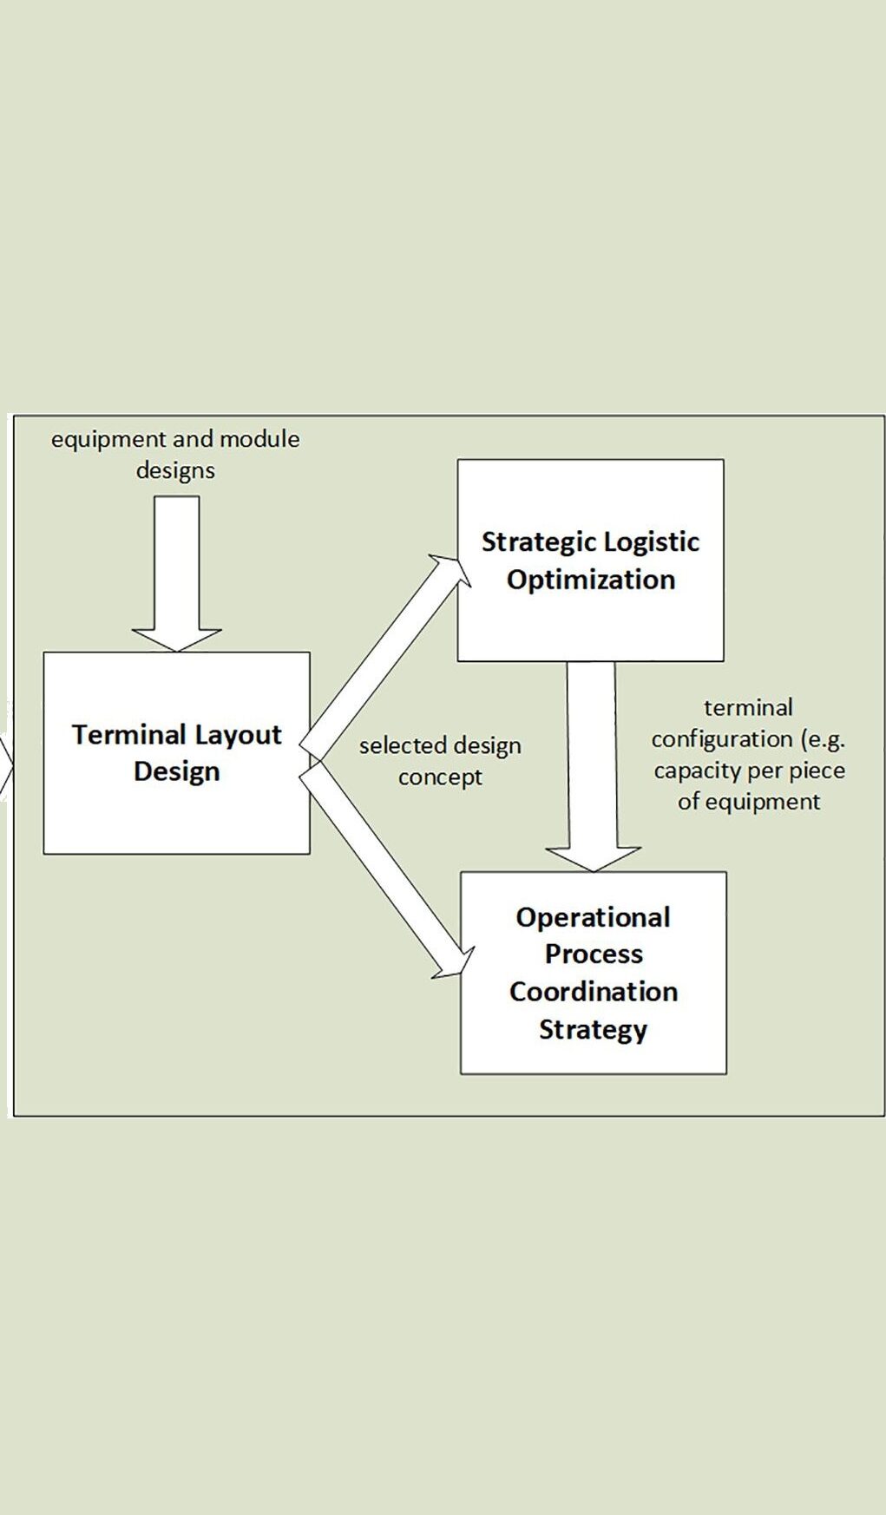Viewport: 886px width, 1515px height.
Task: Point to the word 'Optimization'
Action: (591, 580)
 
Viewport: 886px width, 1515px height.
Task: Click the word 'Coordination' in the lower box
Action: (594, 991)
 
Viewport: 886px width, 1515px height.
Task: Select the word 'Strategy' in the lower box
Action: (594, 1030)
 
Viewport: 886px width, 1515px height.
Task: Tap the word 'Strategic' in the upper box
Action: (530, 542)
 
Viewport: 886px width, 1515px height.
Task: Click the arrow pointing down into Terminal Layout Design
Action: (176, 573)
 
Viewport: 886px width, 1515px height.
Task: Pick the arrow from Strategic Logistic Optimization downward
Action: (592, 764)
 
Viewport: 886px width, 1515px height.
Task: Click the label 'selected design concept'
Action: (440, 761)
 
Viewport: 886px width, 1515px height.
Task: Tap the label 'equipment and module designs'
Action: (175, 455)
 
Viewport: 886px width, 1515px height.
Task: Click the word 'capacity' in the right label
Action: (694, 771)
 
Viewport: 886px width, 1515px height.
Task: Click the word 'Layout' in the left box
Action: (239, 735)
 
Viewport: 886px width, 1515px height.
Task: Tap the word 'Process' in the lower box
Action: (594, 954)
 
